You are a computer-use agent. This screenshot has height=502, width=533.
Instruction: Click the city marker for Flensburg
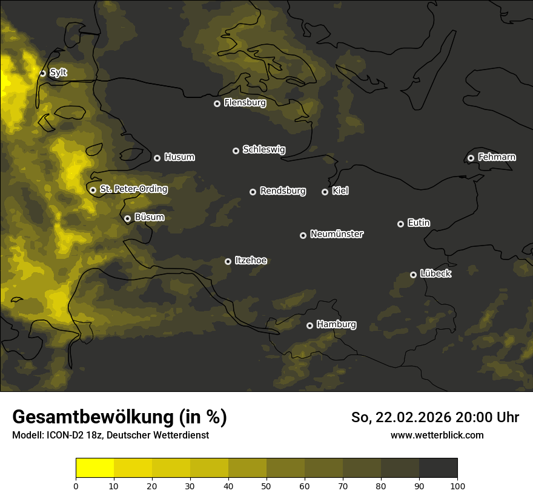[x=217, y=103]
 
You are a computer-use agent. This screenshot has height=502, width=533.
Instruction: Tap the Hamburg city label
[x=336, y=324]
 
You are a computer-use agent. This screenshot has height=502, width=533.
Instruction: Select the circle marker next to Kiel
[x=325, y=192]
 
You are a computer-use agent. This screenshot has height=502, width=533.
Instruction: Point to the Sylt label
[x=58, y=73]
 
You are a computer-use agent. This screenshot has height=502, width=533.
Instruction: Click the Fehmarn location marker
[x=471, y=158]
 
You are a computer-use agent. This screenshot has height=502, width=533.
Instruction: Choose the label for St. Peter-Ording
[x=133, y=189]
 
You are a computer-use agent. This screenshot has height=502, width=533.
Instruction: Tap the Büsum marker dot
[x=127, y=219]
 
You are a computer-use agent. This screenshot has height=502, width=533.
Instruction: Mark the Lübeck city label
[x=435, y=273]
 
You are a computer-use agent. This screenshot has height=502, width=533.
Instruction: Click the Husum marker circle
[x=157, y=158]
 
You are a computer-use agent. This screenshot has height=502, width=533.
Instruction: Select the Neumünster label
[x=337, y=233]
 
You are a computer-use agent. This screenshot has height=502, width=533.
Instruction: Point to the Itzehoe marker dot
[x=228, y=261]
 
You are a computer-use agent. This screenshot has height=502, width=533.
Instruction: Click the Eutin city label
[x=419, y=223]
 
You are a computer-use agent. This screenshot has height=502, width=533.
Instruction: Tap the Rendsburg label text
[x=283, y=191]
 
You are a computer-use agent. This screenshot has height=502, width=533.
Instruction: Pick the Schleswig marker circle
[x=236, y=151]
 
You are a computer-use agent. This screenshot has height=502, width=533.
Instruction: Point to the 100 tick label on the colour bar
[x=457, y=485]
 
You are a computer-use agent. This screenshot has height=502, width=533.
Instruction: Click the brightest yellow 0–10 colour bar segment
[x=95, y=468]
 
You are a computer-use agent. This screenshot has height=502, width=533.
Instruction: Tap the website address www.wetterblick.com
[x=437, y=435]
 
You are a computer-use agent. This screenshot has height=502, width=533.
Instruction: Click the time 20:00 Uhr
[x=488, y=417]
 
